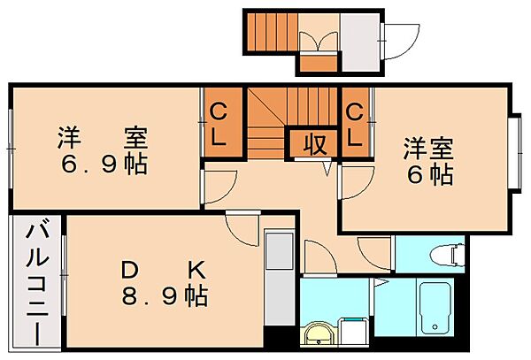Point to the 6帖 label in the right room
pos(429,173)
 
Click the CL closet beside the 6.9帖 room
pos(219,125)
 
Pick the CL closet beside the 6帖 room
pos(355,125)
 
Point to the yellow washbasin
pos(316,336)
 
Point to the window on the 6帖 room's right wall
pos(514,149)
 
